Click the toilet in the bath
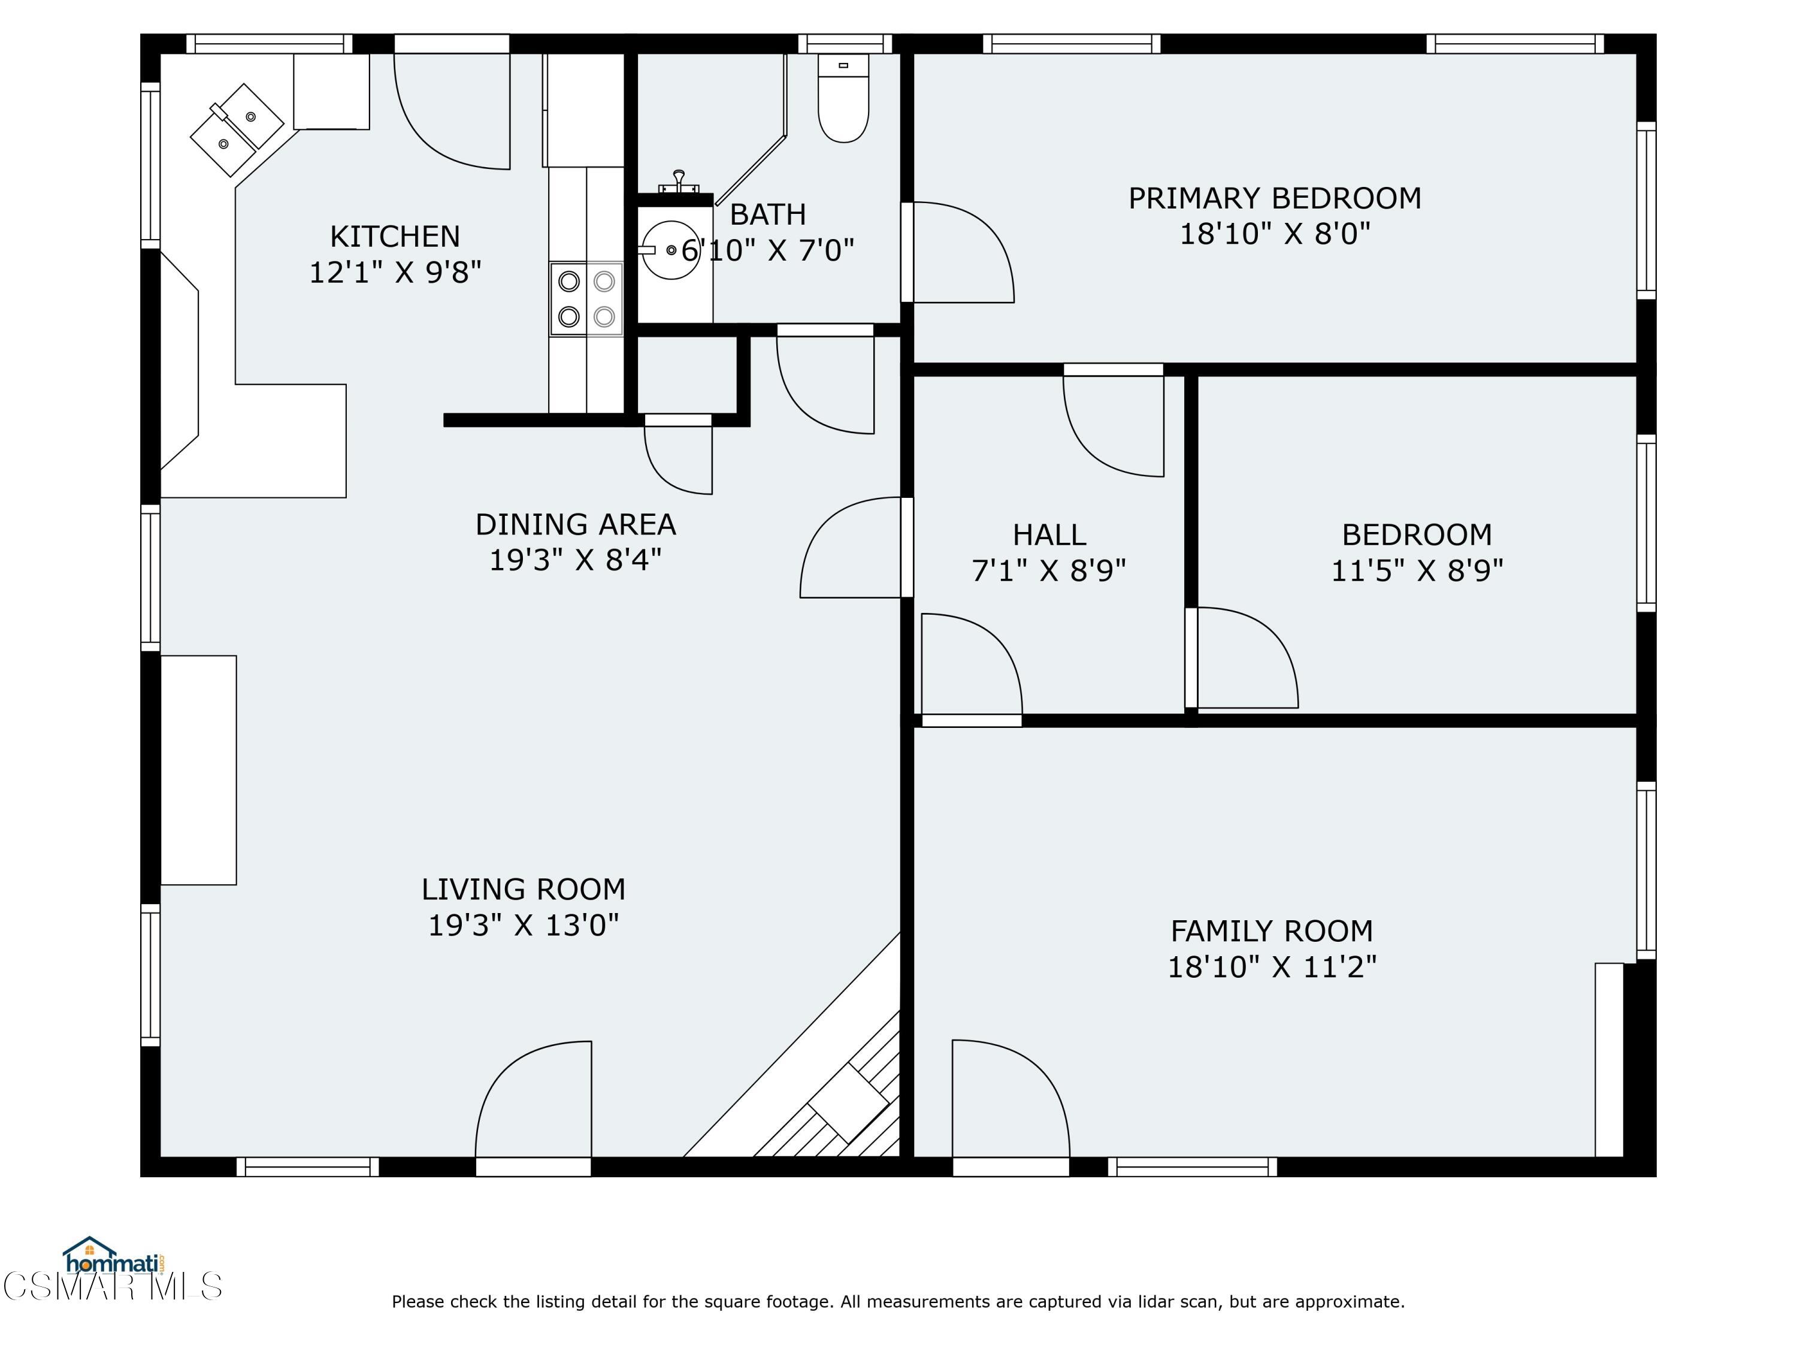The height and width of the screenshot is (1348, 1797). click(843, 98)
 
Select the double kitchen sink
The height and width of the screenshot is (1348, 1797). click(237, 130)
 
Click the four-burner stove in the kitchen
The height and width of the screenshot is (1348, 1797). click(586, 299)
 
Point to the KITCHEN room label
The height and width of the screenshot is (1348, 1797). click(395, 237)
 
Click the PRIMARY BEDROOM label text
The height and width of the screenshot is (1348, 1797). click(1275, 198)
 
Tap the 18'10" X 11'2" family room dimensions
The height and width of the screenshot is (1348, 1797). click(1272, 967)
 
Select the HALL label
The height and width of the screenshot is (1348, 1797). click(1049, 534)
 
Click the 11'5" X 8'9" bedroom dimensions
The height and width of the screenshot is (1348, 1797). click(1417, 570)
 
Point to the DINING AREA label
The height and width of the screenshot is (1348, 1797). click(575, 524)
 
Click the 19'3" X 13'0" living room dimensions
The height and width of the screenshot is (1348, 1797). click(523, 924)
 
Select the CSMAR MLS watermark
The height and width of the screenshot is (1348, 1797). click(112, 1286)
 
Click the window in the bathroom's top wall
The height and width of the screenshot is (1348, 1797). click(845, 44)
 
